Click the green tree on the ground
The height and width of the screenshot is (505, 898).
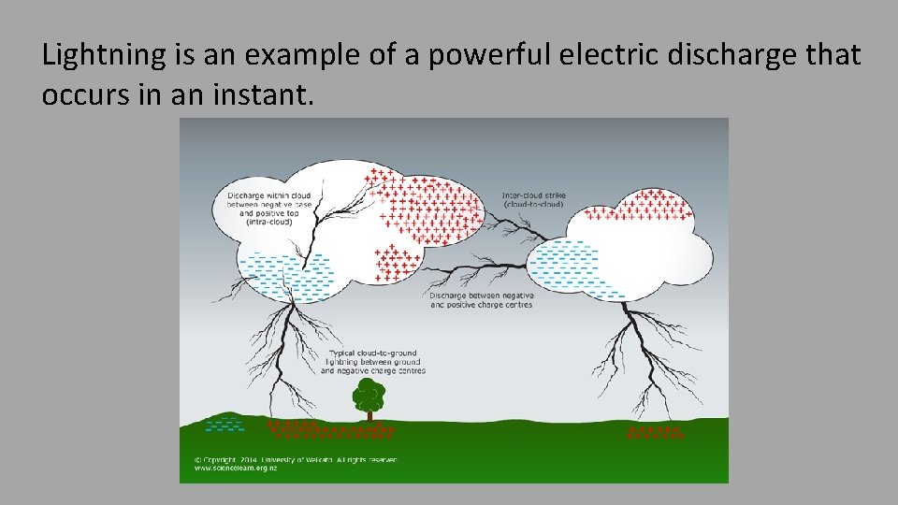(x=369, y=396)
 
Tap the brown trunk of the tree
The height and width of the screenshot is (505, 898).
(x=369, y=414)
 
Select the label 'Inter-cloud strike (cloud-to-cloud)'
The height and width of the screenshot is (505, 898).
(x=534, y=199)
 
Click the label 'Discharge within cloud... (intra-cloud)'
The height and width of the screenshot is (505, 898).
(x=268, y=208)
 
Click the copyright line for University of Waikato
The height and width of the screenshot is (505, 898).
(x=296, y=459)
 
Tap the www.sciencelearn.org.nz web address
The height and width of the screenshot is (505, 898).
(x=236, y=468)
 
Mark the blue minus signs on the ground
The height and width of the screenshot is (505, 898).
(x=224, y=425)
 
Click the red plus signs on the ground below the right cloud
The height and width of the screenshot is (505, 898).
(x=655, y=433)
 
